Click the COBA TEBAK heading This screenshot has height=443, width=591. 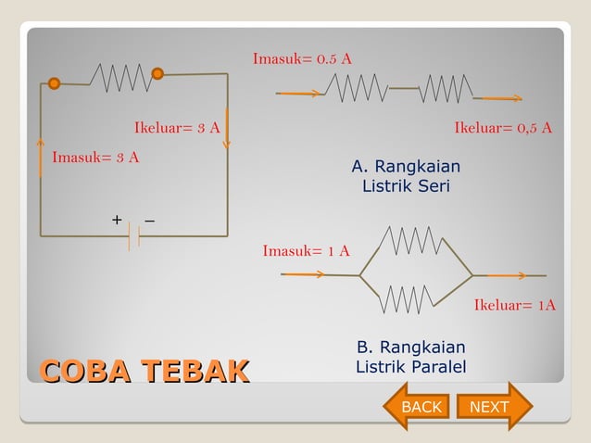[x=144, y=372]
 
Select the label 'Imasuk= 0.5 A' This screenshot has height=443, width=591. [x=302, y=59]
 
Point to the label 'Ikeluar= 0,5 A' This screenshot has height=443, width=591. [x=503, y=128]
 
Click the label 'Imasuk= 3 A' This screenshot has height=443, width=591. [x=95, y=157]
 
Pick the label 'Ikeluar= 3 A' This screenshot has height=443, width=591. [x=177, y=128]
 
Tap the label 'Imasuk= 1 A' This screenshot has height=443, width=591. [x=306, y=251]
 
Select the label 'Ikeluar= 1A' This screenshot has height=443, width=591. [x=515, y=305]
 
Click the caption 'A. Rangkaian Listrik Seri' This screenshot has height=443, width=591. [x=406, y=176]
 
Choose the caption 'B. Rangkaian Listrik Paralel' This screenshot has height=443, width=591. [x=411, y=358]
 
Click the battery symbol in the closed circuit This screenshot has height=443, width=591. [x=133, y=236]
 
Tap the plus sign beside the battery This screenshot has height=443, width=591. [x=117, y=220]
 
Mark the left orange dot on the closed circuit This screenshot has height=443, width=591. [x=55, y=83]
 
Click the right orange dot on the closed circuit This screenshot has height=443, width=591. [x=157, y=73]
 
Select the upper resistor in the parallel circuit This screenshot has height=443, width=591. [x=409, y=241]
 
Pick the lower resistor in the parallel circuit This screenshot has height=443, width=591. [x=405, y=298]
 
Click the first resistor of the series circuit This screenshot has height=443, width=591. [x=356, y=89]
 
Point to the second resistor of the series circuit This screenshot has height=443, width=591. [x=446, y=89]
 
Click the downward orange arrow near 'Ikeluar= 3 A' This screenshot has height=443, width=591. [x=227, y=132]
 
